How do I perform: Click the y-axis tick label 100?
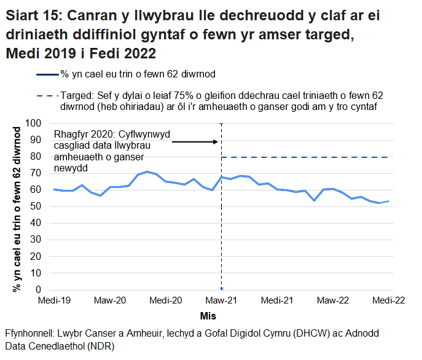pos(34,123)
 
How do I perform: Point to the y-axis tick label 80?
pos(36,157)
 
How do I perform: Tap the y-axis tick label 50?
pos(36,207)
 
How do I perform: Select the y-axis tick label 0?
pos(39,290)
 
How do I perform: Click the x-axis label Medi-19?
pos(53,301)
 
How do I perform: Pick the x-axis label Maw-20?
pos(110,301)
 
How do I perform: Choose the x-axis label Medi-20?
pos(166,301)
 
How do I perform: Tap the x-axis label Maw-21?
pos(221,301)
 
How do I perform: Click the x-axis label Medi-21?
pos(277,301)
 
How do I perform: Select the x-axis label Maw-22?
pos(332,301)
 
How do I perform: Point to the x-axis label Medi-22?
pos(388,301)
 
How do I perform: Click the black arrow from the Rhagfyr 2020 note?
pos(195,143)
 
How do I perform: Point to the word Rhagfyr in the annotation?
pos(72,134)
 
